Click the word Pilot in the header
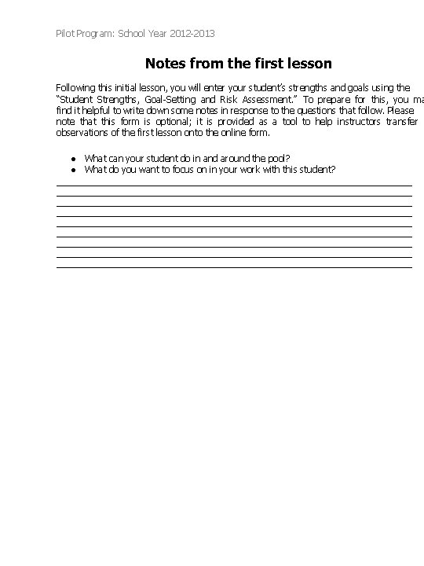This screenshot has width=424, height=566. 66,34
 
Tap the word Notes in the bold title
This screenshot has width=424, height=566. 166,63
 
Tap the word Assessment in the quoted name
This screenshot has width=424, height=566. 268,100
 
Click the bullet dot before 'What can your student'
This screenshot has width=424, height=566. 71,158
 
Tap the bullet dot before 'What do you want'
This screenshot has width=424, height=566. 71,169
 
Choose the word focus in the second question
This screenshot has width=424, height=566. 181,169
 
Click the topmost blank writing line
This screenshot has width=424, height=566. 234,186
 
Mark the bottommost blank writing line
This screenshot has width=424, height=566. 234,267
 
